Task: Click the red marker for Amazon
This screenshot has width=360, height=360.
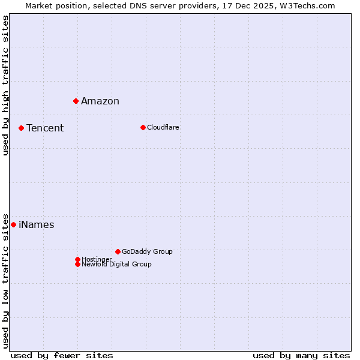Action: [76, 101]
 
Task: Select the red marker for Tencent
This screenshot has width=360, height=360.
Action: [21, 128]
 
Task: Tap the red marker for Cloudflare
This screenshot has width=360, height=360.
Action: [143, 127]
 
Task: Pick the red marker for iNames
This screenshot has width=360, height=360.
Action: [13, 224]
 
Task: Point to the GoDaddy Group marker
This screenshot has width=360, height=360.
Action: [118, 251]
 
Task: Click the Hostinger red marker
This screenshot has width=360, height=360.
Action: [77, 259]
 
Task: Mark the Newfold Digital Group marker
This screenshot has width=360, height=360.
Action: [77, 264]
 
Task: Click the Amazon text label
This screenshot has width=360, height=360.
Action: [100, 101]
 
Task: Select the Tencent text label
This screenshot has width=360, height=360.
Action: [45, 128]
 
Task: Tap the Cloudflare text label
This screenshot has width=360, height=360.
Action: [163, 127]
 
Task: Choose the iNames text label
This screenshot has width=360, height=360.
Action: [37, 225]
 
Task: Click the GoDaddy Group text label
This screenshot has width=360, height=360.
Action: [147, 251]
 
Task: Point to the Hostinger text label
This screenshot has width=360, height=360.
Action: [97, 259]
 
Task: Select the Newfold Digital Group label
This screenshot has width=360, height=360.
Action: [116, 264]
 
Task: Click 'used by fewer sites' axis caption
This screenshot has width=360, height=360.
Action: [62, 355]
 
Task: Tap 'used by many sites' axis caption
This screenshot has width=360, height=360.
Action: [301, 355]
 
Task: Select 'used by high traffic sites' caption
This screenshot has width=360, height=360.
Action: [5, 85]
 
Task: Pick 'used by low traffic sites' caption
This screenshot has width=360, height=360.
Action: [5, 280]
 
